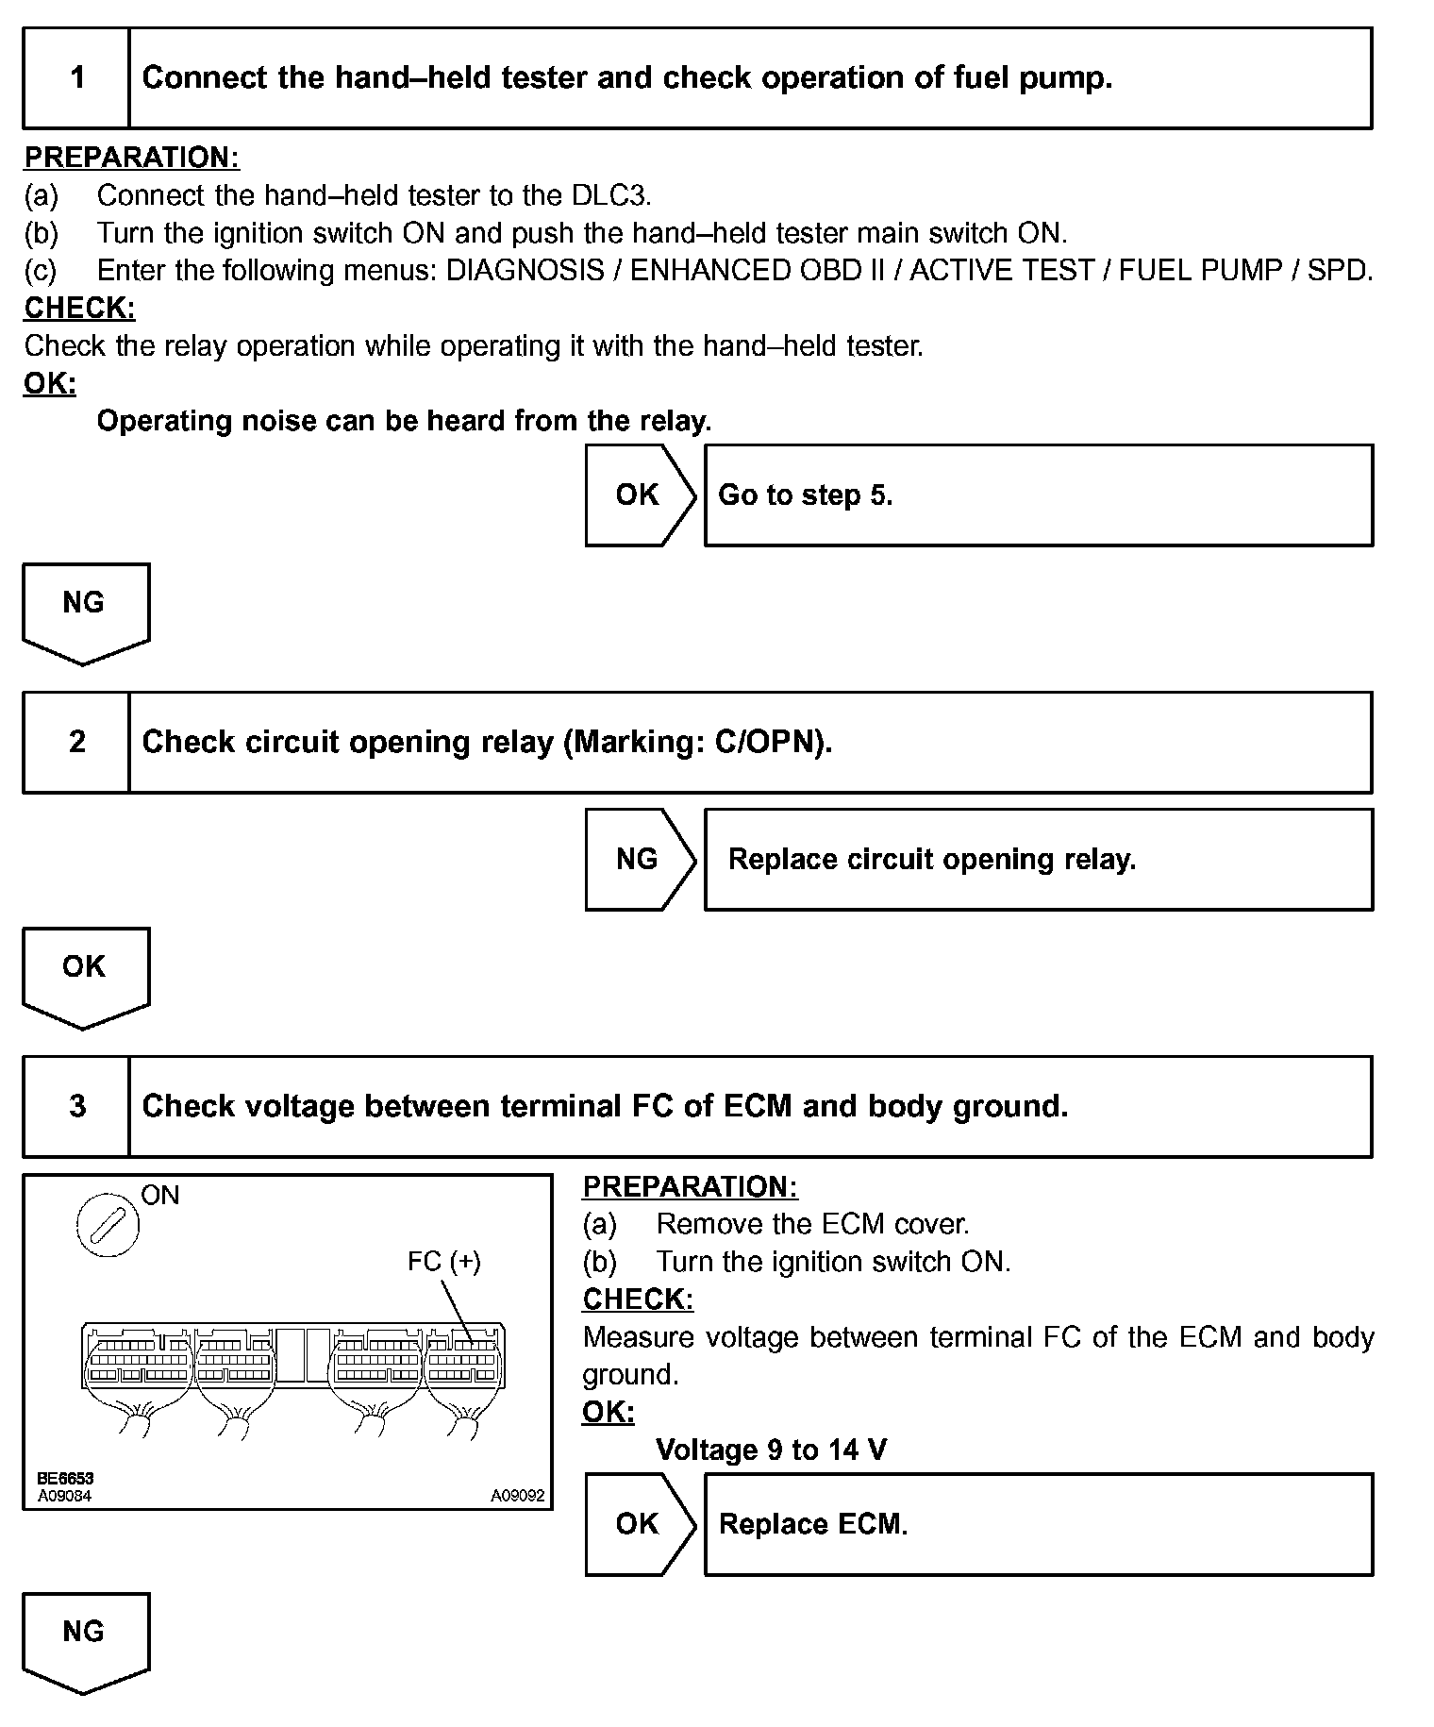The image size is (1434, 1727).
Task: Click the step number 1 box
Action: point(76,78)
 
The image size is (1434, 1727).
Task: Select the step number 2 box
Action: point(76,743)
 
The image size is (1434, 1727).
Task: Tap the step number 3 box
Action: point(76,1106)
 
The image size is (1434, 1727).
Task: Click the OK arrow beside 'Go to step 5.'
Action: point(640,495)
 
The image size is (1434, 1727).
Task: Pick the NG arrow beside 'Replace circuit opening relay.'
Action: point(640,859)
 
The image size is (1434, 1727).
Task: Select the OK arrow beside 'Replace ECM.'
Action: point(640,1524)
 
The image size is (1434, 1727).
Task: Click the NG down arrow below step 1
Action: point(85,612)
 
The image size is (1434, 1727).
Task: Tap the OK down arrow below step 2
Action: point(85,975)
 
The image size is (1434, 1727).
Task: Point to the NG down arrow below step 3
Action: point(85,1640)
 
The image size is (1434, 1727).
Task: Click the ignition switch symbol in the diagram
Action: point(107,1225)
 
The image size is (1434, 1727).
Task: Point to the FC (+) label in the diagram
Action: point(443,1262)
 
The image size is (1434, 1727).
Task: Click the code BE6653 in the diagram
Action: point(65,1479)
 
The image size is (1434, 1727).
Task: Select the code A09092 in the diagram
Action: point(517,1496)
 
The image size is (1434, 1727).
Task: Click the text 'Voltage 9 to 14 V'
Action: point(771,1450)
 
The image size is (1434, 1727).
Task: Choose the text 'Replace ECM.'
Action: point(813,1524)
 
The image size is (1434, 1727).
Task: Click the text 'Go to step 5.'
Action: point(805,495)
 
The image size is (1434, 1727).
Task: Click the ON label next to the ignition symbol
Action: point(159,1196)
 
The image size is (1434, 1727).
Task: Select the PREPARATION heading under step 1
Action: point(131,158)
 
